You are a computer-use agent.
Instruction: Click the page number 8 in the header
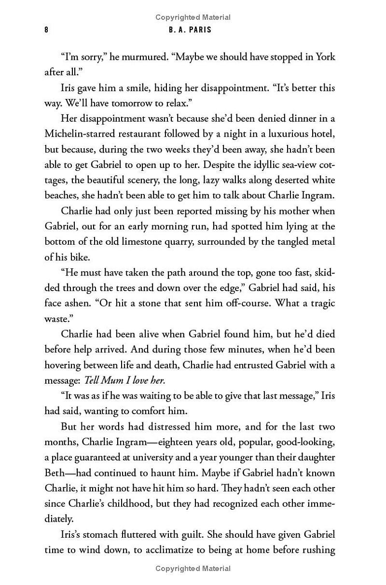coord(46,30)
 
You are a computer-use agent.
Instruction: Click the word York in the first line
coord(325,57)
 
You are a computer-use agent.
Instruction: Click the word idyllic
coord(261,165)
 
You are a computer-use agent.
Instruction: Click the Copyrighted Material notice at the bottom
coord(193,569)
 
